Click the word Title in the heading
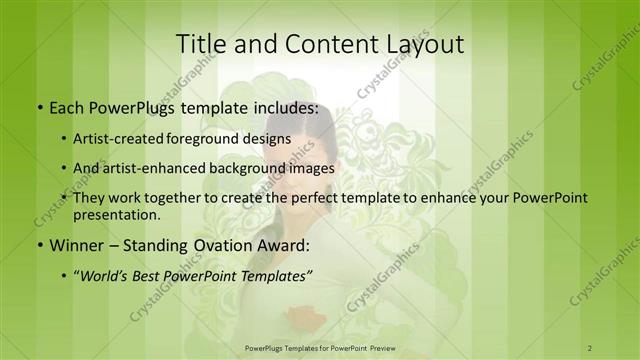201,43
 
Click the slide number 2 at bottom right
591,347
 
